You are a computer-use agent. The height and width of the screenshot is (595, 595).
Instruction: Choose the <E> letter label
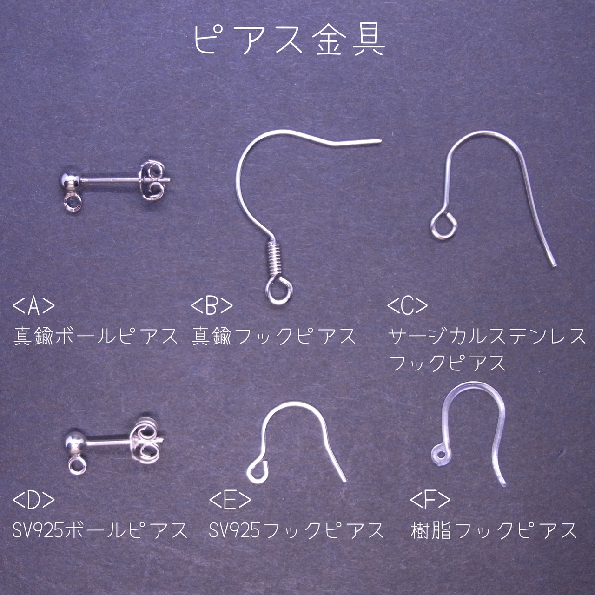[230, 501]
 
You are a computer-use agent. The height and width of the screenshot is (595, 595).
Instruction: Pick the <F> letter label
[430, 501]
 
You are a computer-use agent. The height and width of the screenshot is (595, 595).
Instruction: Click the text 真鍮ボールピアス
[96, 337]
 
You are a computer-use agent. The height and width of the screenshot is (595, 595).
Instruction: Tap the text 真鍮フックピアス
[274, 337]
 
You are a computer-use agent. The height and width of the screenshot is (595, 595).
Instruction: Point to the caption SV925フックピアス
[297, 530]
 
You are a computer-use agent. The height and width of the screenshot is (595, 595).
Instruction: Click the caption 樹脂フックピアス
[494, 530]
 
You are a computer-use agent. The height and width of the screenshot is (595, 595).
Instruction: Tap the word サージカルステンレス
[487, 337]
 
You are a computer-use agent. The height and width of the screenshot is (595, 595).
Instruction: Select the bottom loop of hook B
[279, 290]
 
